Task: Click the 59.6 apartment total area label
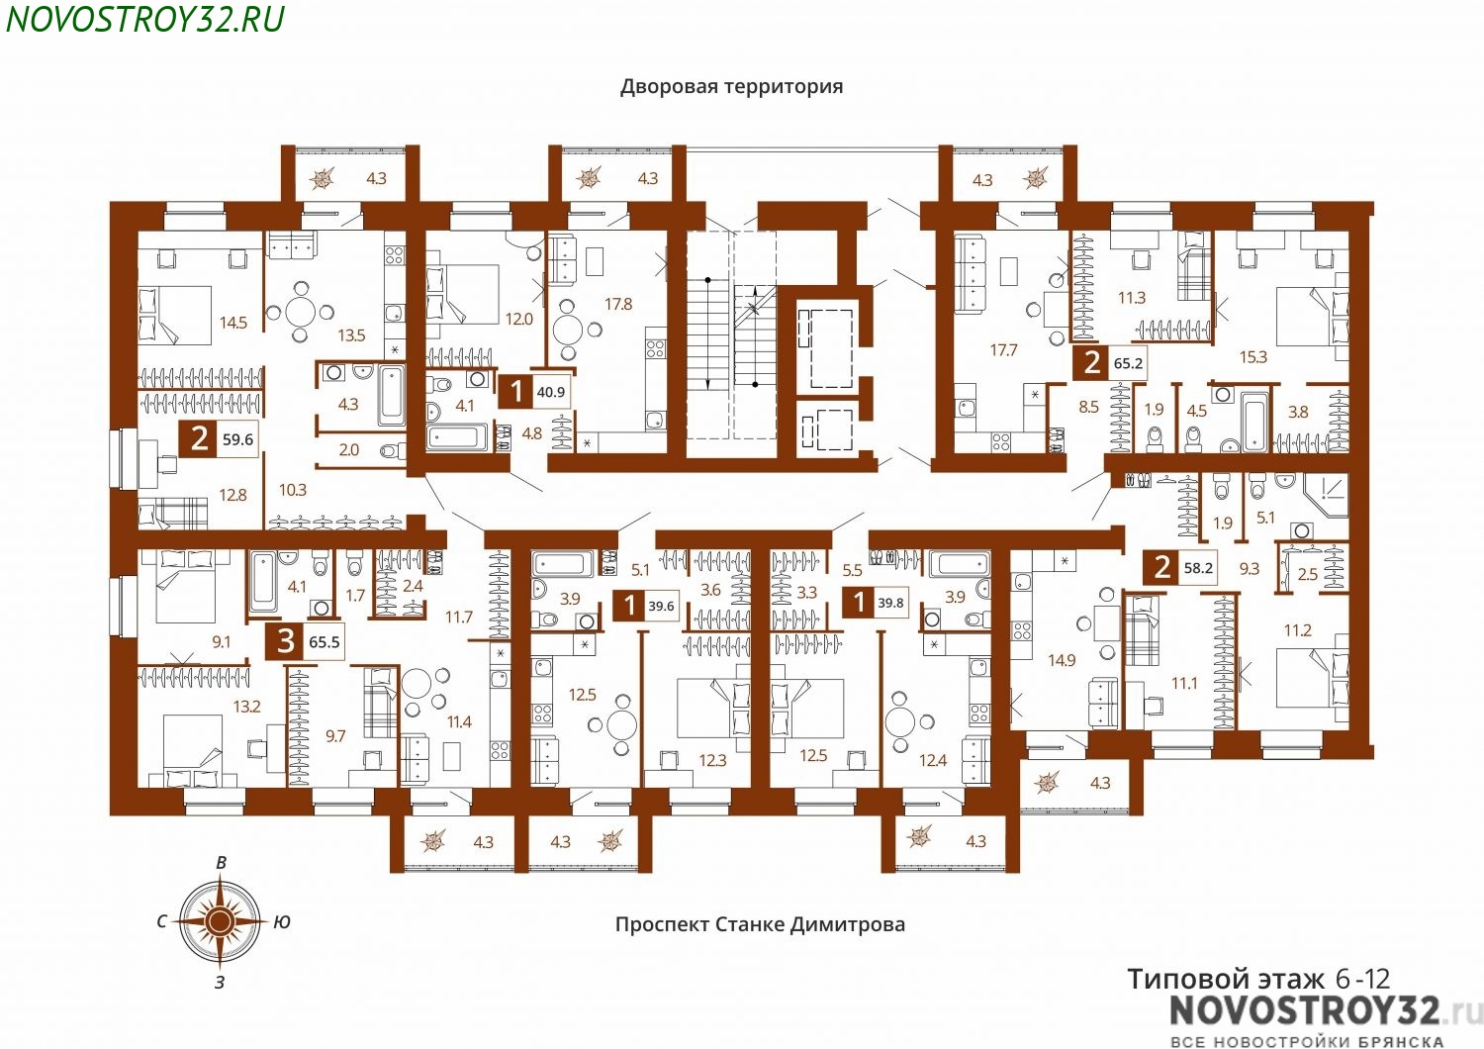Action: coord(237,438)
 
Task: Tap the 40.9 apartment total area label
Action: coord(550,392)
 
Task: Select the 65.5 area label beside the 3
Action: coord(324,641)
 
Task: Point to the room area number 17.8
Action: coord(618,304)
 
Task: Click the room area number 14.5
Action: coord(233,323)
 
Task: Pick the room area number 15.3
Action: coord(1252,357)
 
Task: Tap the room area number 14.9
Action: coord(1062,660)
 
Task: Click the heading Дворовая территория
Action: coord(731,87)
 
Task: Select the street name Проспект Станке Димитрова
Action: coord(760,923)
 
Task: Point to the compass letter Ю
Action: coord(282,921)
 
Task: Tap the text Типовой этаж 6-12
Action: coord(1258,979)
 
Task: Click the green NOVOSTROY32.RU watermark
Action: coord(144,19)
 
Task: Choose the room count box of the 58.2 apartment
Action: coord(1160,567)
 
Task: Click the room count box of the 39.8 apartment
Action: coord(859,603)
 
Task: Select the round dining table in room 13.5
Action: coord(301,312)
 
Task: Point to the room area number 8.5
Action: coord(1088,407)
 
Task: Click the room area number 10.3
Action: coord(292,490)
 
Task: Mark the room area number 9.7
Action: coord(335,735)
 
